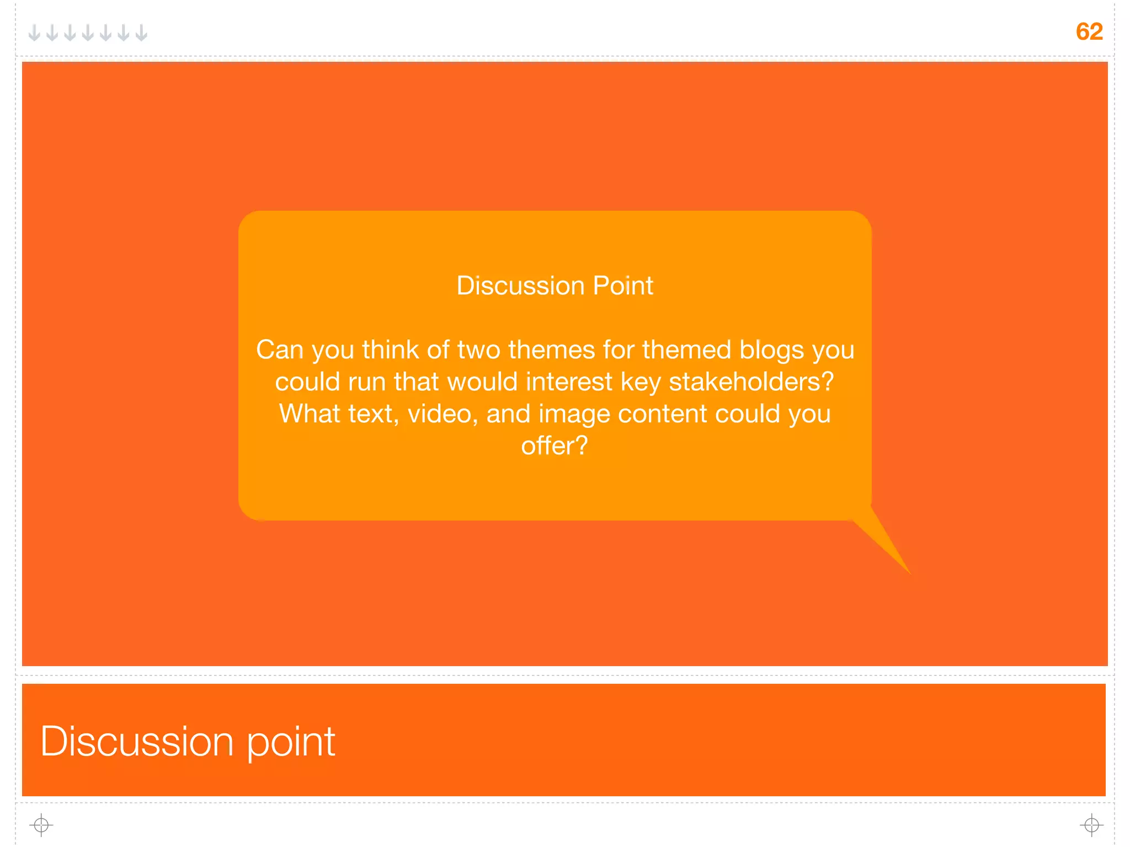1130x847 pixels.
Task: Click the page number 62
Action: pyautogui.click(x=1089, y=31)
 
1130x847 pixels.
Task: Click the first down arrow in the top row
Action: pyautogui.click(x=34, y=33)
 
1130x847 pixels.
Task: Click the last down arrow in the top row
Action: pyautogui.click(x=142, y=33)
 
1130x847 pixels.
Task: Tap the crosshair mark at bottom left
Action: pyautogui.click(x=41, y=825)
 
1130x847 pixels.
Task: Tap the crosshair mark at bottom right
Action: pyautogui.click(x=1091, y=825)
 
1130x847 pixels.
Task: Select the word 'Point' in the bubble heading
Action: pyautogui.click(x=623, y=286)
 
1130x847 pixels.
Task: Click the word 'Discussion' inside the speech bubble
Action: pyautogui.click(x=520, y=286)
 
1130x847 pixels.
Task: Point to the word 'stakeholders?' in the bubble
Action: pyautogui.click(x=751, y=382)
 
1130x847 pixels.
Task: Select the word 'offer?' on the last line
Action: pyautogui.click(x=555, y=446)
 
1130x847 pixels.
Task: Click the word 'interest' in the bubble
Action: pyautogui.click(x=569, y=382)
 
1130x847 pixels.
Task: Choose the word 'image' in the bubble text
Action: pyautogui.click(x=574, y=414)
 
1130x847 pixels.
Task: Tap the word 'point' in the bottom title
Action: pyautogui.click(x=290, y=742)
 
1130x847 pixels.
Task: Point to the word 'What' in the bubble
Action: pyautogui.click(x=310, y=414)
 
